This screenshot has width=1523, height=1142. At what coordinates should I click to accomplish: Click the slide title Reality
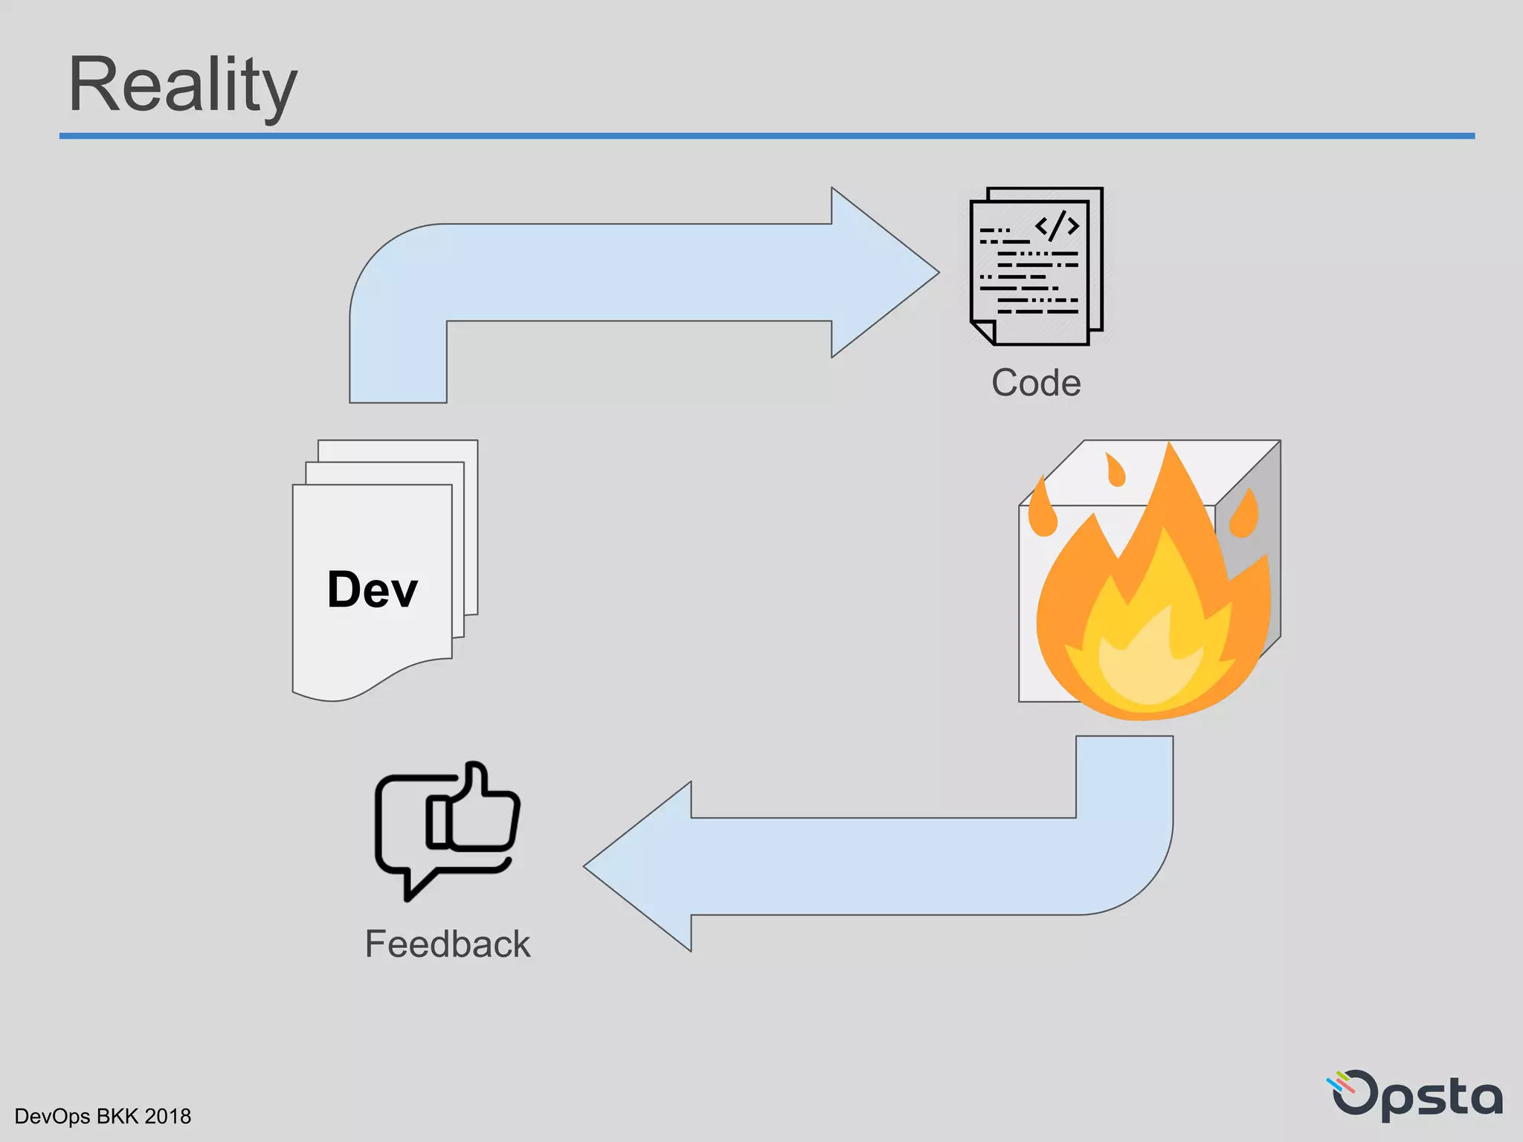click(x=182, y=86)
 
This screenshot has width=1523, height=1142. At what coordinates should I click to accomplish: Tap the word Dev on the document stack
click(x=372, y=590)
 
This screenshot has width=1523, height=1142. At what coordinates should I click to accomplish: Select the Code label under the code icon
click(x=1036, y=383)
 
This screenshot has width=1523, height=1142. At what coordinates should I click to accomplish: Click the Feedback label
click(x=447, y=944)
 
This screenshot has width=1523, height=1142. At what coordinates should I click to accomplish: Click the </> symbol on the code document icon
click(x=1057, y=225)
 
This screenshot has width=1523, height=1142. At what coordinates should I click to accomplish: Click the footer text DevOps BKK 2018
click(x=103, y=1116)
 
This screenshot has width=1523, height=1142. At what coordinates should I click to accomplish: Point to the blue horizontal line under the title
click(x=766, y=136)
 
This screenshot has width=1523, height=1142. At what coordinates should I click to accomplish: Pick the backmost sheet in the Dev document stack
click(x=471, y=520)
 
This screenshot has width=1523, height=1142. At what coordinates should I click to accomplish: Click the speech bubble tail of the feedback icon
click(x=413, y=885)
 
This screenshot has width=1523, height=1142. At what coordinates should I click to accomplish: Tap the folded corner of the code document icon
click(x=983, y=332)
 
